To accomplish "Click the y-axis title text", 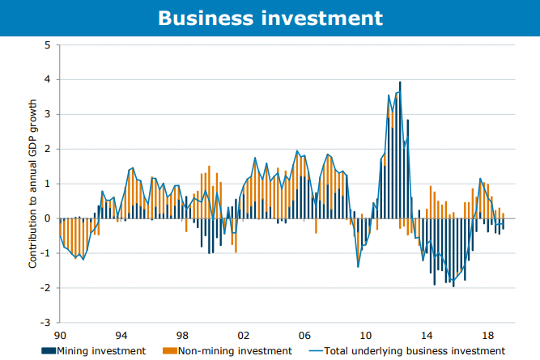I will (34, 184).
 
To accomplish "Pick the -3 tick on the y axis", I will (46, 323).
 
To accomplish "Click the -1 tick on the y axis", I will (46, 253).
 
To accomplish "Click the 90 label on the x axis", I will (59, 333).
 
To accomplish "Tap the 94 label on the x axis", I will (121, 333).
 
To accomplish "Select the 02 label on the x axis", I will (243, 333).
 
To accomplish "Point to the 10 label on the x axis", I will (365, 333).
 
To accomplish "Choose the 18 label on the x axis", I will (487, 333).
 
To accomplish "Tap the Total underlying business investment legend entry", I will (416, 351).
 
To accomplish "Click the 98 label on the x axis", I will (182, 333).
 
